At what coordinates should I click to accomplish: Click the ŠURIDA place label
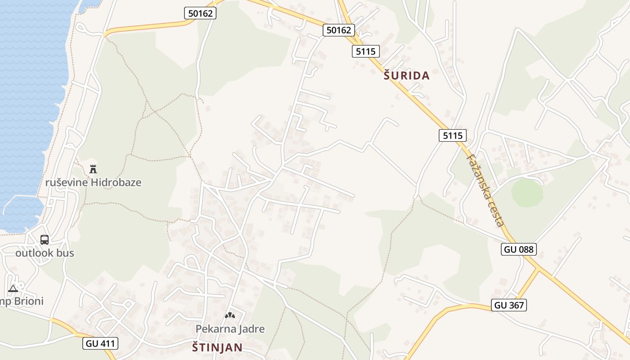(x=406, y=76)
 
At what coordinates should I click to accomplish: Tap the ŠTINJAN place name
(x=217, y=347)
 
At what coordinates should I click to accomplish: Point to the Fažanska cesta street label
(x=486, y=190)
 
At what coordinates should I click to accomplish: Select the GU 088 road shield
(x=518, y=249)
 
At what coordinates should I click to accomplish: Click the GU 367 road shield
(x=509, y=305)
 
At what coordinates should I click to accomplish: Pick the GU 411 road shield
(x=100, y=344)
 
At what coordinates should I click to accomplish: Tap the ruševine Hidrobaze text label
(x=93, y=182)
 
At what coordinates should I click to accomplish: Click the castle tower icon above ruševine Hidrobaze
(x=93, y=169)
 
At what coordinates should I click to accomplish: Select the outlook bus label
(x=45, y=253)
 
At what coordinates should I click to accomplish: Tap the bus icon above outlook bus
(x=45, y=240)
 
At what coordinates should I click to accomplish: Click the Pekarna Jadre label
(x=230, y=329)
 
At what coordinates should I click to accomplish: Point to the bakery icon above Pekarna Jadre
(x=230, y=316)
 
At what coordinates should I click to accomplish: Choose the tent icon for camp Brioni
(x=13, y=288)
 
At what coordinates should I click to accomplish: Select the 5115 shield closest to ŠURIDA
(x=365, y=51)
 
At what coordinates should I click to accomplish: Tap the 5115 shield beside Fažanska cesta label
(x=452, y=135)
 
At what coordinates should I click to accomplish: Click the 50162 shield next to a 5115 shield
(x=339, y=30)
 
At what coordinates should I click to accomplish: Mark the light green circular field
(x=527, y=193)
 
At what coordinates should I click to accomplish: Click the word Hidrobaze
(x=116, y=182)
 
